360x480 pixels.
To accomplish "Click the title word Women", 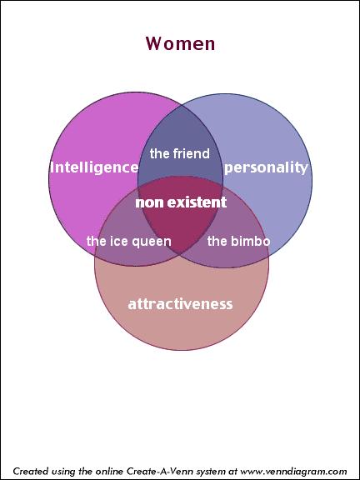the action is tap(180, 43).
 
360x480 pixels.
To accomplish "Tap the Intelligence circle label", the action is tap(94, 167).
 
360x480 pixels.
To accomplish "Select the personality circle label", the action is tap(266, 168).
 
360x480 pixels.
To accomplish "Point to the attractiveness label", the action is tap(180, 304).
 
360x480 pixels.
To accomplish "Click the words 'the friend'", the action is tap(180, 153).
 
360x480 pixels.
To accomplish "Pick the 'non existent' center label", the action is tap(181, 202).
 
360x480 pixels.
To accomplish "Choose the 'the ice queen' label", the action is tap(129, 241).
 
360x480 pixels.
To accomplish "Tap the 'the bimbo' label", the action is tap(239, 241).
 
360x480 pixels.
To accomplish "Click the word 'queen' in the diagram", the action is tap(152, 242).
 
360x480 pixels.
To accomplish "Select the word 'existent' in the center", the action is tap(197, 202).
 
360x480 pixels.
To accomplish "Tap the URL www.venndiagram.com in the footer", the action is tap(293, 471).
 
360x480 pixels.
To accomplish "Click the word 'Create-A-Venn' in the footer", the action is tap(159, 470).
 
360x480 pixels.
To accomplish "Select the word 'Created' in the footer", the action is tap(27, 471).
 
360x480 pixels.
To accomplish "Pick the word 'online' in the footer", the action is tap(110, 471).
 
